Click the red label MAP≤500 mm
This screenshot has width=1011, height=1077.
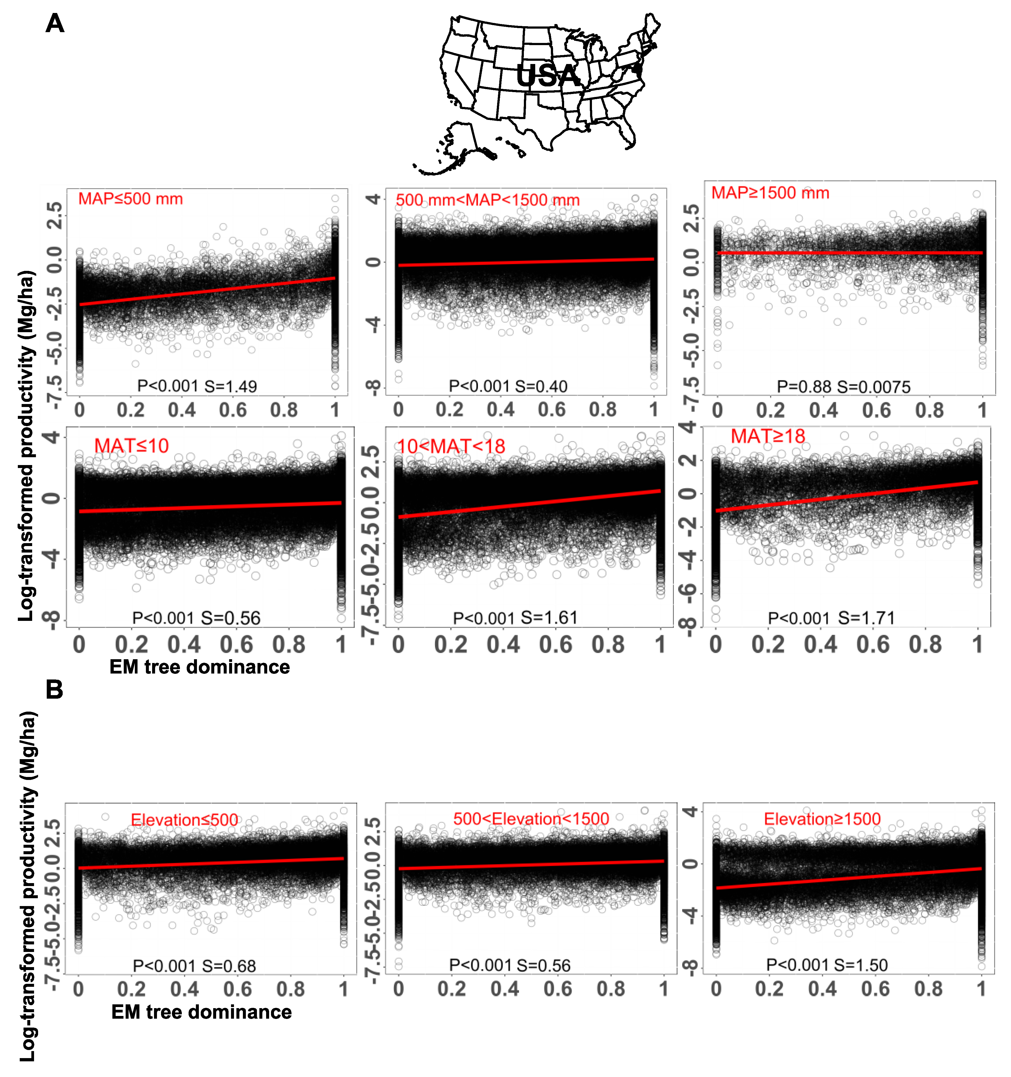(131, 199)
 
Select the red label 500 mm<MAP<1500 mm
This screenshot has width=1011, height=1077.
(487, 200)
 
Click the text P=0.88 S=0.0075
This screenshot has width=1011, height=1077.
(843, 387)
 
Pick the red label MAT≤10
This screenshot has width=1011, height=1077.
(132, 446)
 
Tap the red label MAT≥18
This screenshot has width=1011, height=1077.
(768, 436)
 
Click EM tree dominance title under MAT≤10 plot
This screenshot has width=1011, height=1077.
(199, 667)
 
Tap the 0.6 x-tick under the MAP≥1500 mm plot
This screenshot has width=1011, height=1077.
(876, 410)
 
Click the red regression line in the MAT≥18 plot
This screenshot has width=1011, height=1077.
(847, 496)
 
